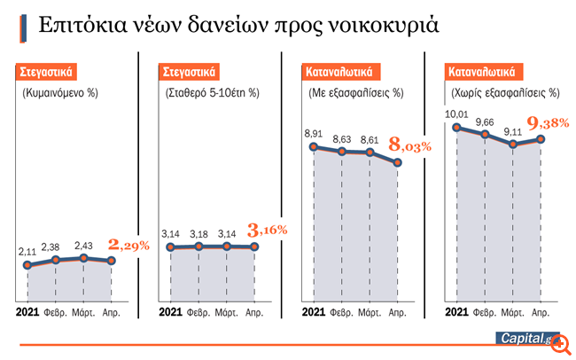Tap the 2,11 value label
[27, 252]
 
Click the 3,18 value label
[198, 233]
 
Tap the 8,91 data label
[313, 133]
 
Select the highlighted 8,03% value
[411, 144]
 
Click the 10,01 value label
[456, 113]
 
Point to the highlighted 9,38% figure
[549, 124]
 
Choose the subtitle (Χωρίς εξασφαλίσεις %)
[503, 91]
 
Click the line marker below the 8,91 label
[313, 146]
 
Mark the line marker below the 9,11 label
[513, 144]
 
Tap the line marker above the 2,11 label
[27, 265]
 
